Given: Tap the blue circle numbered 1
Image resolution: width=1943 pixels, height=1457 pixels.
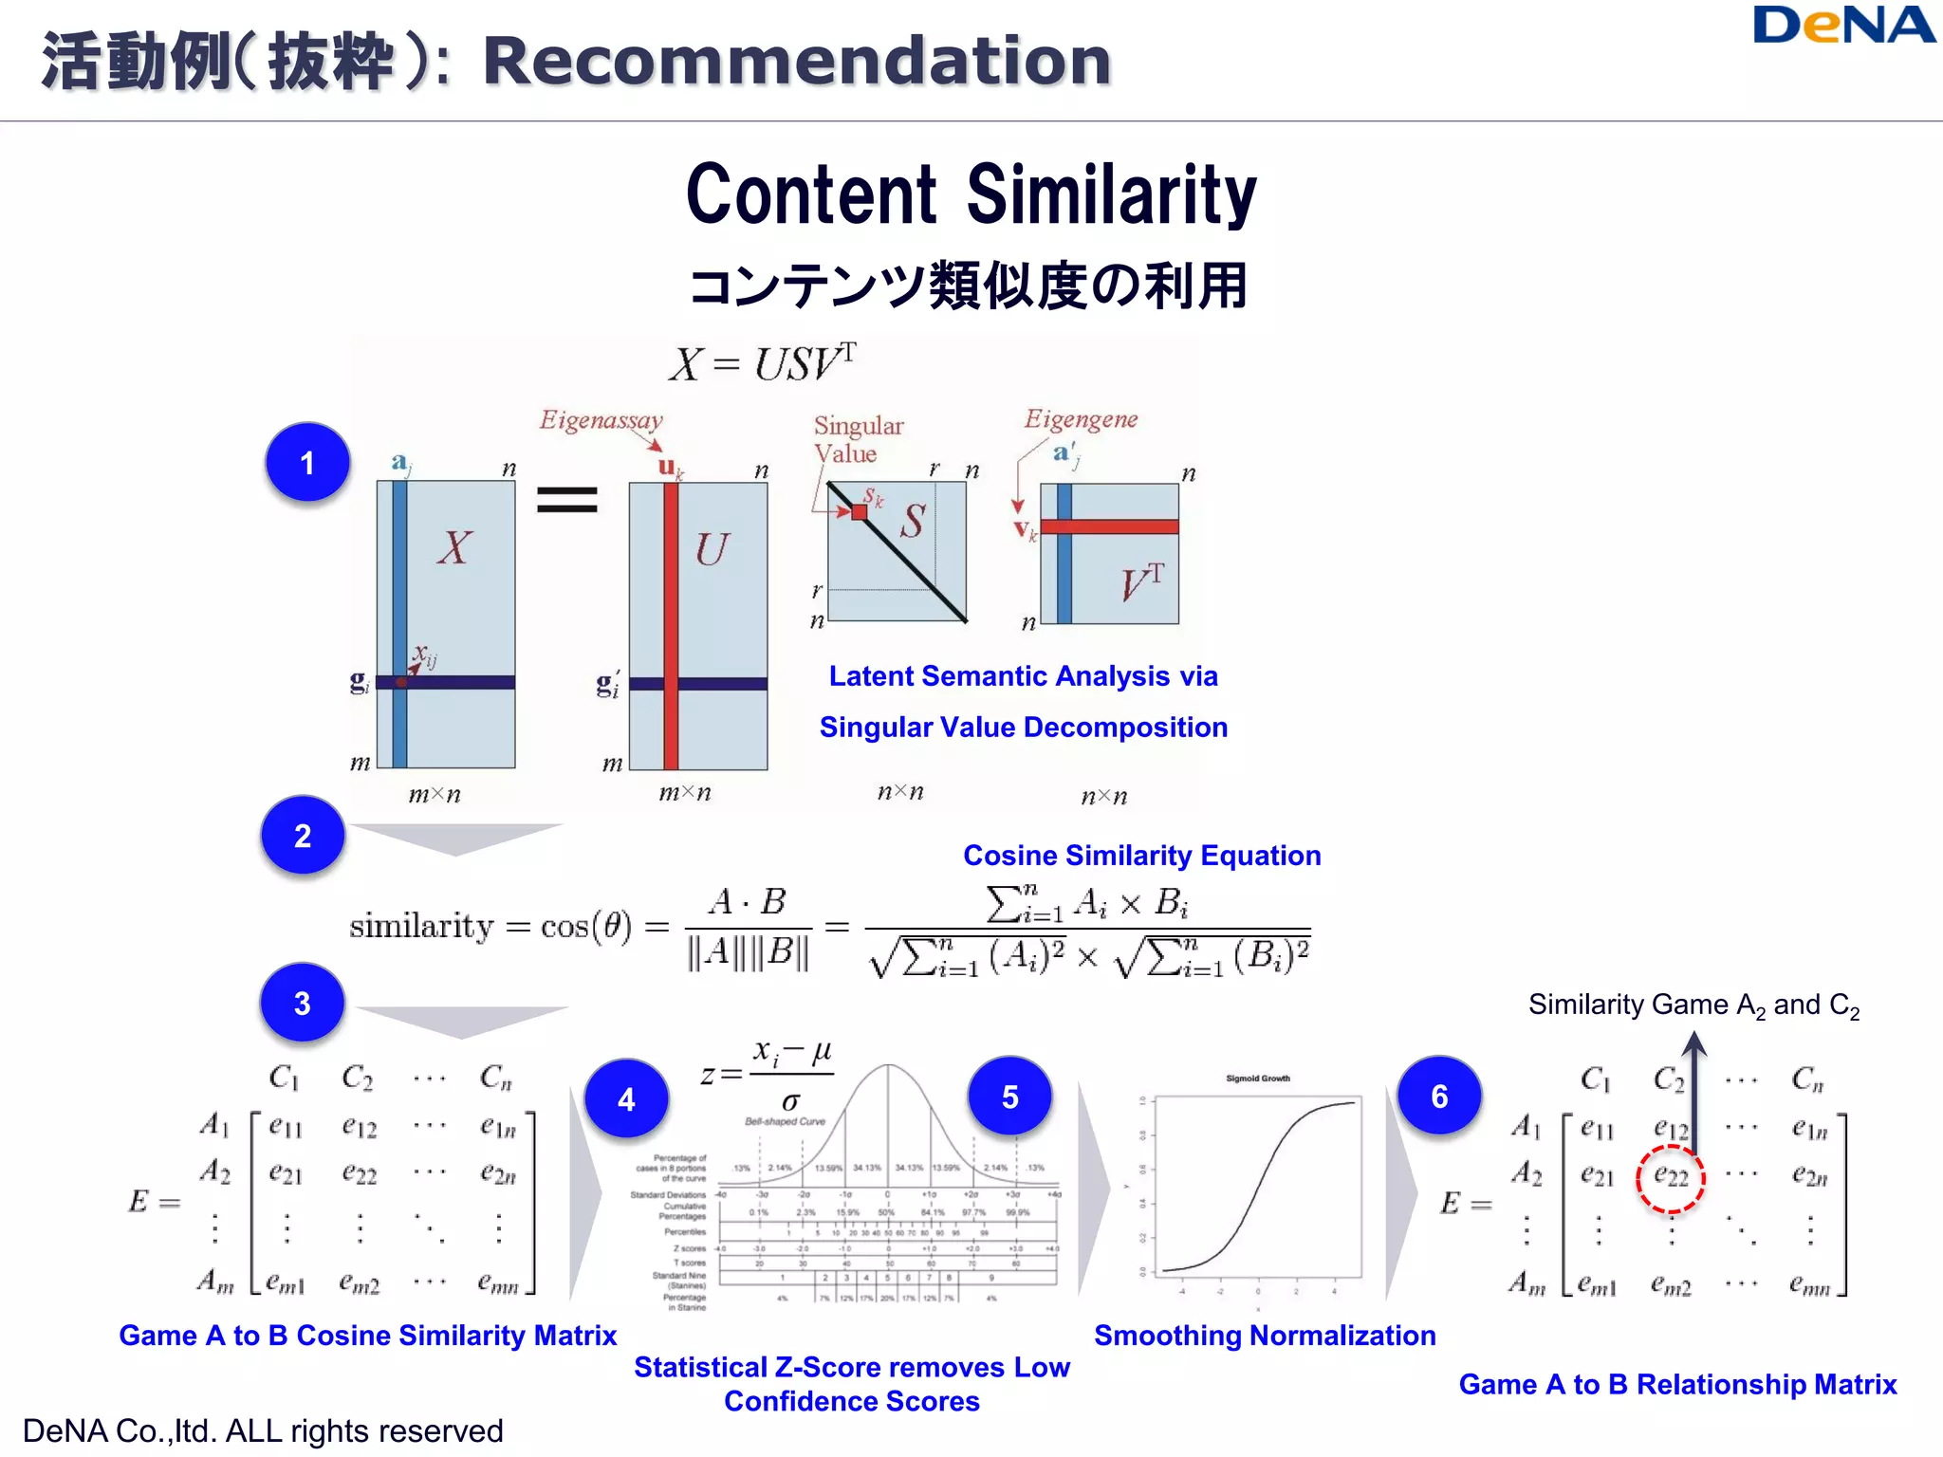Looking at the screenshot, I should click(x=307, y=463).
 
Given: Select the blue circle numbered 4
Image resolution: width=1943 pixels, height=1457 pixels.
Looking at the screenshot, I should click(x=626, y=1099).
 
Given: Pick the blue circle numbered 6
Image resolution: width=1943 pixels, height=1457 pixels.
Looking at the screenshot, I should click(x=1439, y=1097).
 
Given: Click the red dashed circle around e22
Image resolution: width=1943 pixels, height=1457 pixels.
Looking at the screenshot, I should click(x=1671, y=1178).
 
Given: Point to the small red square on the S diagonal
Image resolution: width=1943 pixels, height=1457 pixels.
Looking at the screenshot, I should click(x=860, y=512).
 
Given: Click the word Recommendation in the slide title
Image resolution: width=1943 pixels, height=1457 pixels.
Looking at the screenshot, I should click(x=797, y=62).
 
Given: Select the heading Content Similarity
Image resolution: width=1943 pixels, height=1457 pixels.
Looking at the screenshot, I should click(x=971, y=194).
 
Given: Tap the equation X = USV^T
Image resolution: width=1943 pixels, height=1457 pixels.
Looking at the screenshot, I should click(x=763, y=362).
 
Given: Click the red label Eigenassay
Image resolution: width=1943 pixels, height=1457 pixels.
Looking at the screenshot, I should click(x=601, y=419).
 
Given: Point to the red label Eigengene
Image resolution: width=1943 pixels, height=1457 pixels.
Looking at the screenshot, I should click(x=1081, y=419).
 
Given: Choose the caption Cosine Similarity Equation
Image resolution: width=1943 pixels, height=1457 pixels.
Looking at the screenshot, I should click(x=1141, y=856).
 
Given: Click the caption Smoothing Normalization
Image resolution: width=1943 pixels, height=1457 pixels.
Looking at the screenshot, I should click(x=1264, y=1336).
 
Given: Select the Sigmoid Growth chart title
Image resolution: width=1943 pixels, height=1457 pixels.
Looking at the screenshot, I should click(x=1258, y=1079).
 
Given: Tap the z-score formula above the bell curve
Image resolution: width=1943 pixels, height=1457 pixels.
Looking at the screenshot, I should click(x=767, y=1075).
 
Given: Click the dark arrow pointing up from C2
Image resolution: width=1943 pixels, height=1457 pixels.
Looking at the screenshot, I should click(x=1695, y=1091).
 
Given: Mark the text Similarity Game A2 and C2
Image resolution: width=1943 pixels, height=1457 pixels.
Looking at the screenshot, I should click(x=1693, y=1005).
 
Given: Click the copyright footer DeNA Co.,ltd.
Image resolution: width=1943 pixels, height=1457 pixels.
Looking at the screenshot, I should click(x=263, y=1431).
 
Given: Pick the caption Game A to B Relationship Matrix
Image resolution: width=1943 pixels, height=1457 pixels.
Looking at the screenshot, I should click(x=1677, y=1385).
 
